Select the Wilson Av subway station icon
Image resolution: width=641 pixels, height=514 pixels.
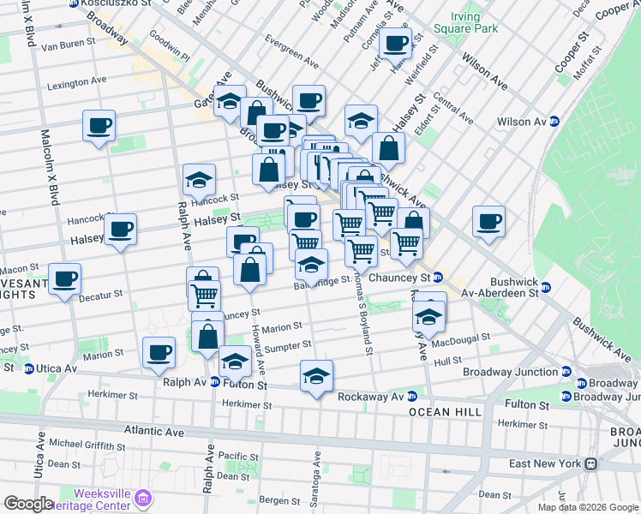coord(554,122)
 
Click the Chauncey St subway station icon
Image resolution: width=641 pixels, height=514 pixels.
coord(437,278)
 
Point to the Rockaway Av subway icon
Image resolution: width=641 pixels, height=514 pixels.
coord(412,396)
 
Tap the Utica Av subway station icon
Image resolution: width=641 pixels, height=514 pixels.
coord(29,368)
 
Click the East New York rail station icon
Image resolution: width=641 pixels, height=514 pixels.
coord(590,463)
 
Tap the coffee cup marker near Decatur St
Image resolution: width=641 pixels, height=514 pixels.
coord(65,278)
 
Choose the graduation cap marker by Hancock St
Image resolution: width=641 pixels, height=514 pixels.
coord(199,179)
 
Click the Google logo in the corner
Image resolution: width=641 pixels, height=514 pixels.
coord(28,504)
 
